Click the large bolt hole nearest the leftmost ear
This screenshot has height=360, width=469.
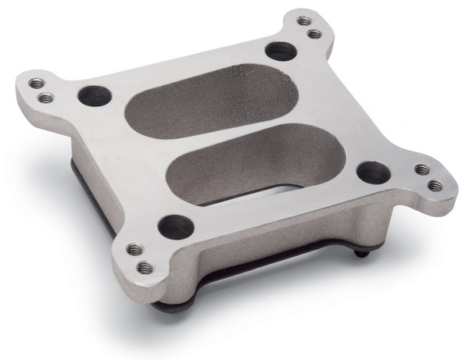click(x=95, y=95)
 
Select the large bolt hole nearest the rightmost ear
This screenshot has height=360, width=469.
click(x=373, y=172)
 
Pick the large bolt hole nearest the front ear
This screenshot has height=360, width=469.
click(x=175, y=226)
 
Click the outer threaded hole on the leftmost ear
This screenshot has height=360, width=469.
click(x=36, y=83)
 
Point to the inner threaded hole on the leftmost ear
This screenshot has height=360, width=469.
click(x=46, y=98)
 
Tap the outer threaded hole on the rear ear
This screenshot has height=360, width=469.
click(x=305, y=21)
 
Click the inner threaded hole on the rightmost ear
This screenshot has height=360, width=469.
click(x=422, y=169)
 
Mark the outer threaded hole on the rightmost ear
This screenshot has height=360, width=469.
click(x=435, y=186)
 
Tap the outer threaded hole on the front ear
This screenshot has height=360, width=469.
click(x=145, y=267)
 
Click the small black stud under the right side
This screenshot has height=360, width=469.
click(x=358, y=253)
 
